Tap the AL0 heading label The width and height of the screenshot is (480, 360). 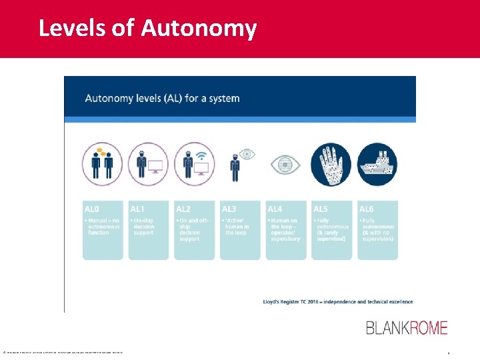93,209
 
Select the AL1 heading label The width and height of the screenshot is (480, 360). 139,209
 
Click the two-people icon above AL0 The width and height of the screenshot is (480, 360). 102,163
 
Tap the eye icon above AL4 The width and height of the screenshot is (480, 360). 285,165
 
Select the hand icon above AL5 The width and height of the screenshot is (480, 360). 331,164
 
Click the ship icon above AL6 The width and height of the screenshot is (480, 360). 377,164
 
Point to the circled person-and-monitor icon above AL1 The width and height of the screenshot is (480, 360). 148,163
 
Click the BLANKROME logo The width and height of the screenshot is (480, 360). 407,327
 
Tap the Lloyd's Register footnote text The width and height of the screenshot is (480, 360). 337,301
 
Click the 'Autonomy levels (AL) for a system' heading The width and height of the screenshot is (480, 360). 162,99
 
